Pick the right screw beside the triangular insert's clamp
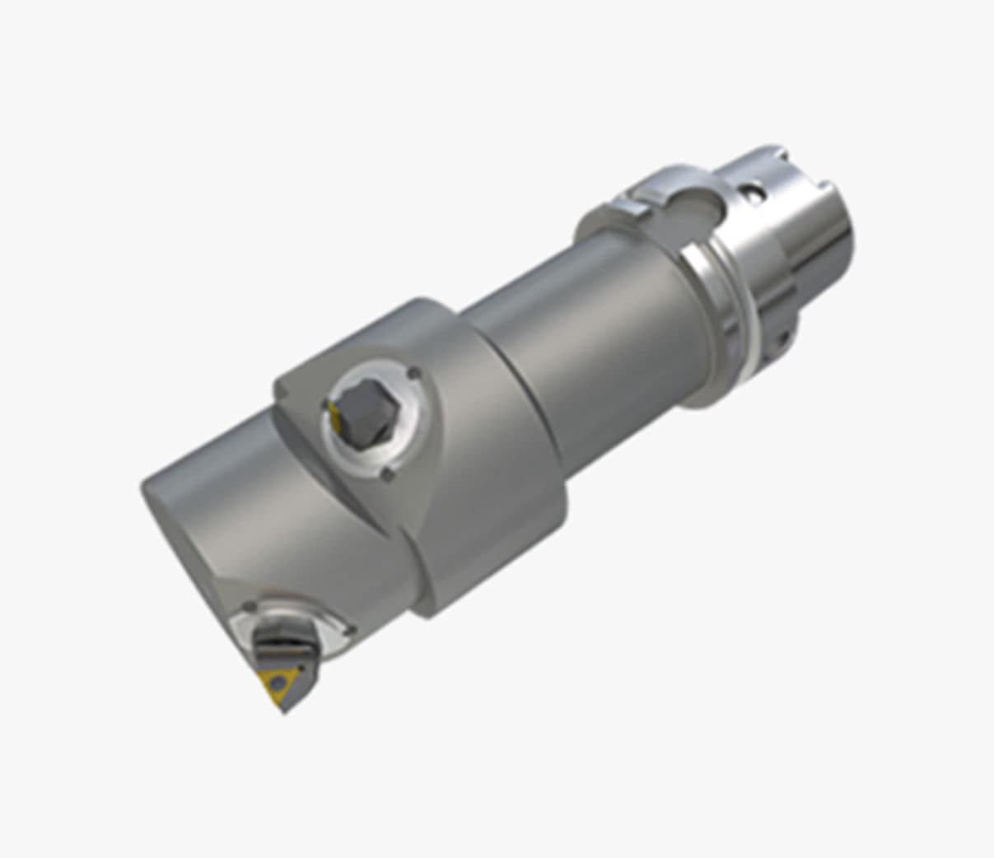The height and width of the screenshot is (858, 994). coord(351,631)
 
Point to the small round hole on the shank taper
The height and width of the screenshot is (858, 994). coord(751,193)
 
